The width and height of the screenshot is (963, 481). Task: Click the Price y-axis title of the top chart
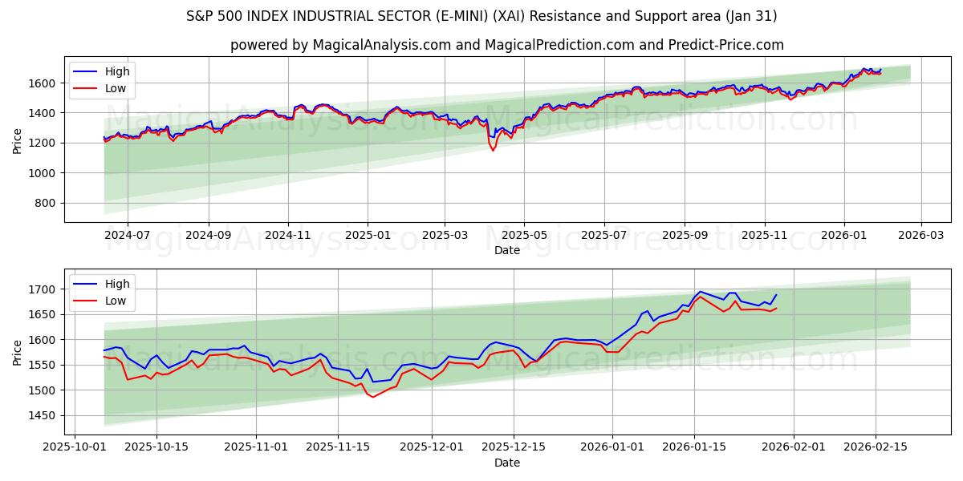pyautogui.click(x=17, y=140)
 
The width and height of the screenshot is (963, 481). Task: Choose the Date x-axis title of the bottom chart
pyautogui.click(x=506, y=463)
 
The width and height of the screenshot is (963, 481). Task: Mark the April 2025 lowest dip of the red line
pyautogui.click(x=493, y=151)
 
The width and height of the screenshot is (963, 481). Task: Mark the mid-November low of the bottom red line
pyautogui.click(x=372, y=397)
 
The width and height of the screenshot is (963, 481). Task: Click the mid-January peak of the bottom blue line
pyautogui.click(x=700, y=292)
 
